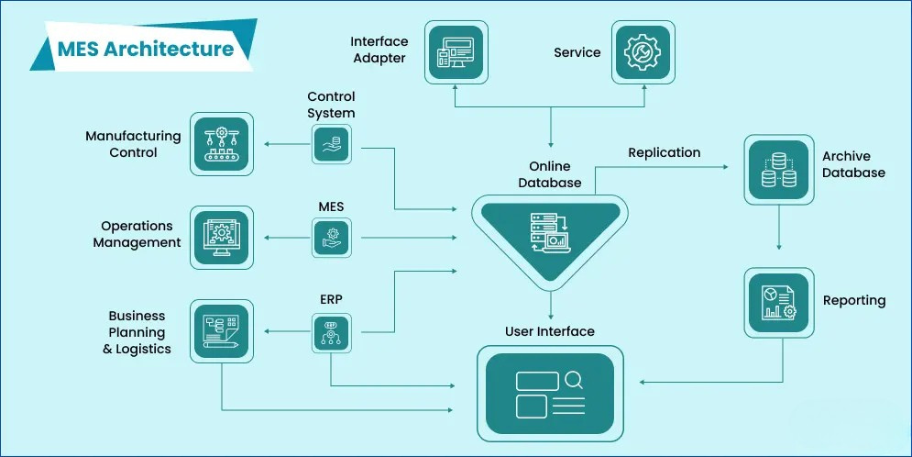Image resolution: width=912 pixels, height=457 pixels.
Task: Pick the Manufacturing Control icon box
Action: (x=221, y=144)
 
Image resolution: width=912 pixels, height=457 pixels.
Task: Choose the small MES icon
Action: (x=331, y=238)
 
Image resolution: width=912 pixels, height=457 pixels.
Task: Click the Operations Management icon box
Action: (x=221, y=237)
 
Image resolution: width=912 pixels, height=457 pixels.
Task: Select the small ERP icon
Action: (x=331, y=332)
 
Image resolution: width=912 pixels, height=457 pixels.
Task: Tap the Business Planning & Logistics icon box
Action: (x=221, y=330)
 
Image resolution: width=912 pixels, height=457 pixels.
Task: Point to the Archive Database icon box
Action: (x=778, y=170)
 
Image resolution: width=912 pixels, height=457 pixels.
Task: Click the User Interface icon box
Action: (x=550, y=392)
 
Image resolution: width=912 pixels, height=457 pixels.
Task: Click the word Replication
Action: (x=664, y=152)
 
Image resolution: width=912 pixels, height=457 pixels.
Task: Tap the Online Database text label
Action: (x=550, y=174)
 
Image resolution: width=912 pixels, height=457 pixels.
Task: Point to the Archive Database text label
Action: (x=853, y=165)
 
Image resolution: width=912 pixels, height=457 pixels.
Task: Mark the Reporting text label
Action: (x=854, y=301)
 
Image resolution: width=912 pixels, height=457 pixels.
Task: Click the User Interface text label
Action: (x=550, y=331)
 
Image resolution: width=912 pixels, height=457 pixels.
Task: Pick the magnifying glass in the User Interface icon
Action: (x=575, y=379)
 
